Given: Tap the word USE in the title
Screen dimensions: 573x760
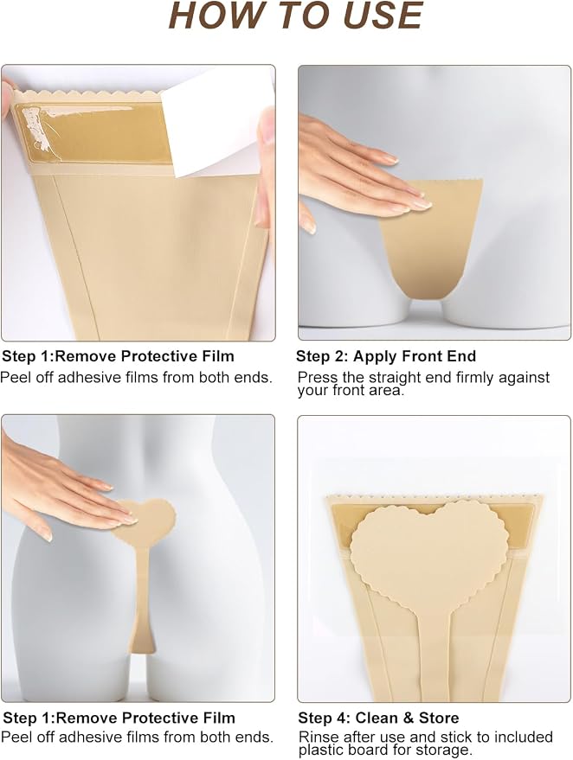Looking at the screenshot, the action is click(383, 16).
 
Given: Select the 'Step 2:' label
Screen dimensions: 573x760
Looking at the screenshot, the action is click(322, 356).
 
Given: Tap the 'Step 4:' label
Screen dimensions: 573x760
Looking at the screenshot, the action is click(324, 718).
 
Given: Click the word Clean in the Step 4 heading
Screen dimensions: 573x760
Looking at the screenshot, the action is click(377, 718).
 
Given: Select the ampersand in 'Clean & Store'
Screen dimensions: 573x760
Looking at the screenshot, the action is click(409, 718).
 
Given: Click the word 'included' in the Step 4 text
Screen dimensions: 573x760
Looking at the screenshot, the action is click(524, 738).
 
